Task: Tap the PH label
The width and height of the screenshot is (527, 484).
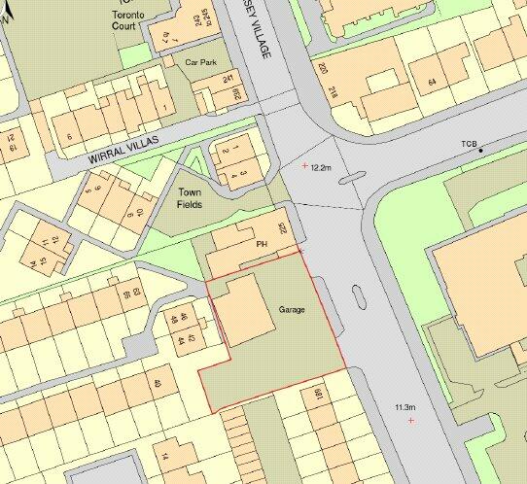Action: coord(261,244)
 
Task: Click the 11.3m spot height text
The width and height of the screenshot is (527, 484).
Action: coord(405,406)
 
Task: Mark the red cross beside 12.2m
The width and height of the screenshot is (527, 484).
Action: coord(304,166)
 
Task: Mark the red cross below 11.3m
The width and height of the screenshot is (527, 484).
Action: coord(411,420)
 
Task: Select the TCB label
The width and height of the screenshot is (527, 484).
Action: coord(471,144)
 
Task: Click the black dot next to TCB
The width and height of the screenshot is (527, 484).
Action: coord(481,151)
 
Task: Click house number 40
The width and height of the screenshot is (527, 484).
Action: coord(156,383)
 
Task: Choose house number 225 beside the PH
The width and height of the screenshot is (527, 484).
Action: coord(284,228)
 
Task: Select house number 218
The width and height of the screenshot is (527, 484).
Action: coord(333,94)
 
